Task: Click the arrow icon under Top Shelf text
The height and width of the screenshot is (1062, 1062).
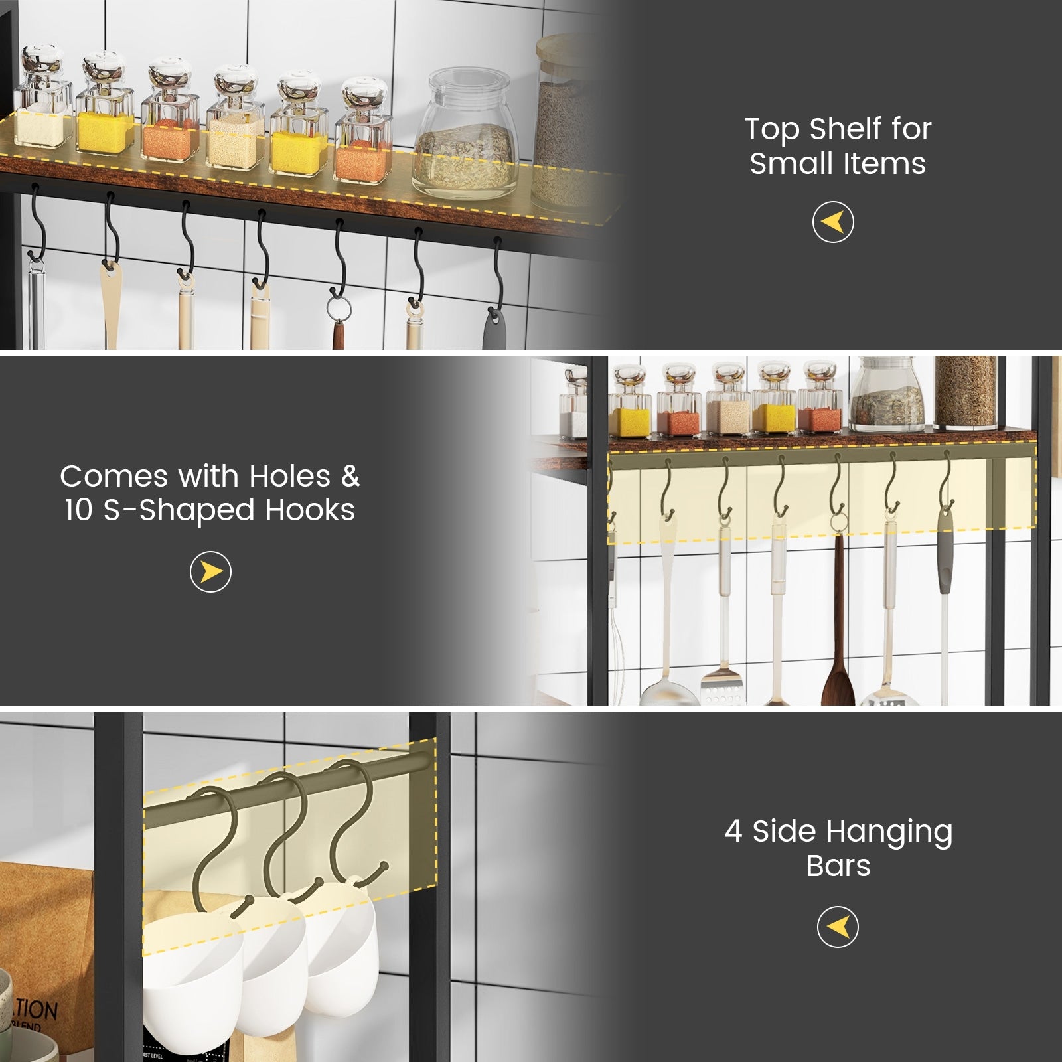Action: point(833,222)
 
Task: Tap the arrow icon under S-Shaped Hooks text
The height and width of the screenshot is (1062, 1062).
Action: point(210,571)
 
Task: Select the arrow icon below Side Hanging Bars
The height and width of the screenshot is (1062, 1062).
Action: point(838,927)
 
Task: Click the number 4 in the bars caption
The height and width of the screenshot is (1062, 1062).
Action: point(733,831)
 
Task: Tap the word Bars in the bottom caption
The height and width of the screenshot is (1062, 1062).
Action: point(838,866)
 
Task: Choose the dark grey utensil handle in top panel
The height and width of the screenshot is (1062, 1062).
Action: point(494,329)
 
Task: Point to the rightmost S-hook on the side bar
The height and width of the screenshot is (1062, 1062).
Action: point(355,830)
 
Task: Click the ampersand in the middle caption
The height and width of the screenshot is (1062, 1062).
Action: point(350,477)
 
